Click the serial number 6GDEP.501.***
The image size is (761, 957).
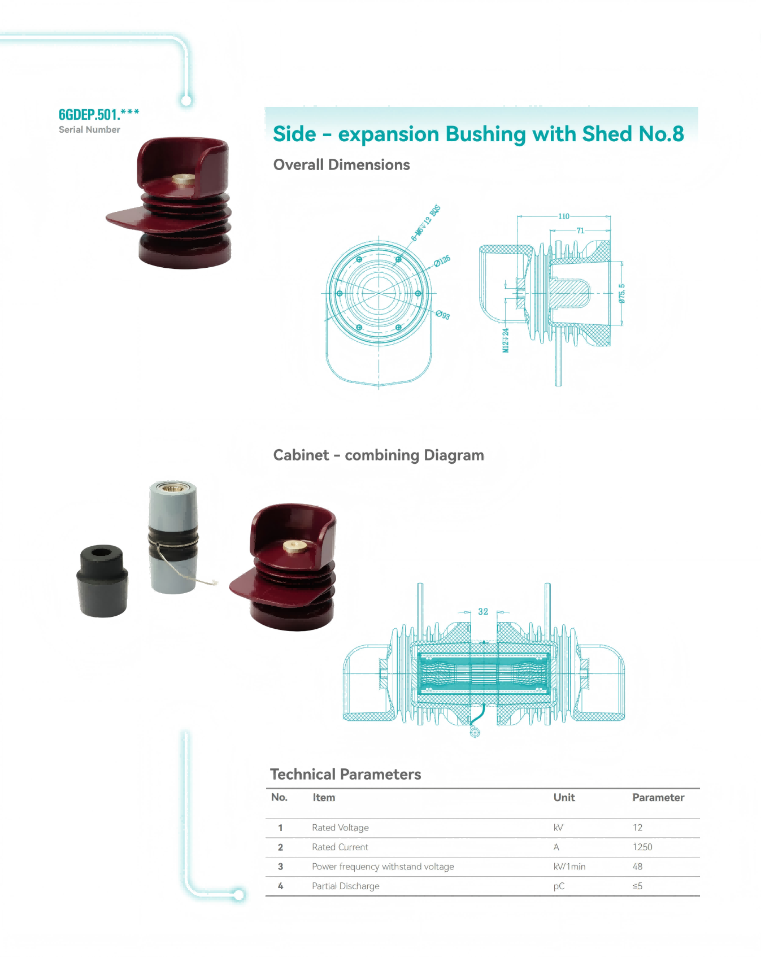(x=99, y=115)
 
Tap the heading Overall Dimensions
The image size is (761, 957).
(x=341, y=165)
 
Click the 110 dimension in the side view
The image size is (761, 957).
(x=564, y=216)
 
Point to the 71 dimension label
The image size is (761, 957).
(x=580, y=230)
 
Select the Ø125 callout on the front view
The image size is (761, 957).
(x=442, y=260)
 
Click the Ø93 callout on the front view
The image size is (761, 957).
(x=443, y=315)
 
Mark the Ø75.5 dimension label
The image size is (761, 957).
(x=621, y=294)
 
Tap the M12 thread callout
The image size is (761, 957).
(x=506, y=340)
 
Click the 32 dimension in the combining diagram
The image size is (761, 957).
(x=483, y=611)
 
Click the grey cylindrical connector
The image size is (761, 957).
(x=173, y=537)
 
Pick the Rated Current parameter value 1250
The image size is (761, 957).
(x=642, y=847)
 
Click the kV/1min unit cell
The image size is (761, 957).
(x=569, y=867)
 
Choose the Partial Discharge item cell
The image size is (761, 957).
(x=346, y=886)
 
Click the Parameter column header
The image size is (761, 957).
(x=658, y=798)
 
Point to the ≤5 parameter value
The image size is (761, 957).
(x=637, y=886)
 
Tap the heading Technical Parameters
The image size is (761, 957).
(x=345, y=774)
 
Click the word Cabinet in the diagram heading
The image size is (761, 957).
(x=301, y=455)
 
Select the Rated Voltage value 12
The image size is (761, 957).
(x=637, y=828)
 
